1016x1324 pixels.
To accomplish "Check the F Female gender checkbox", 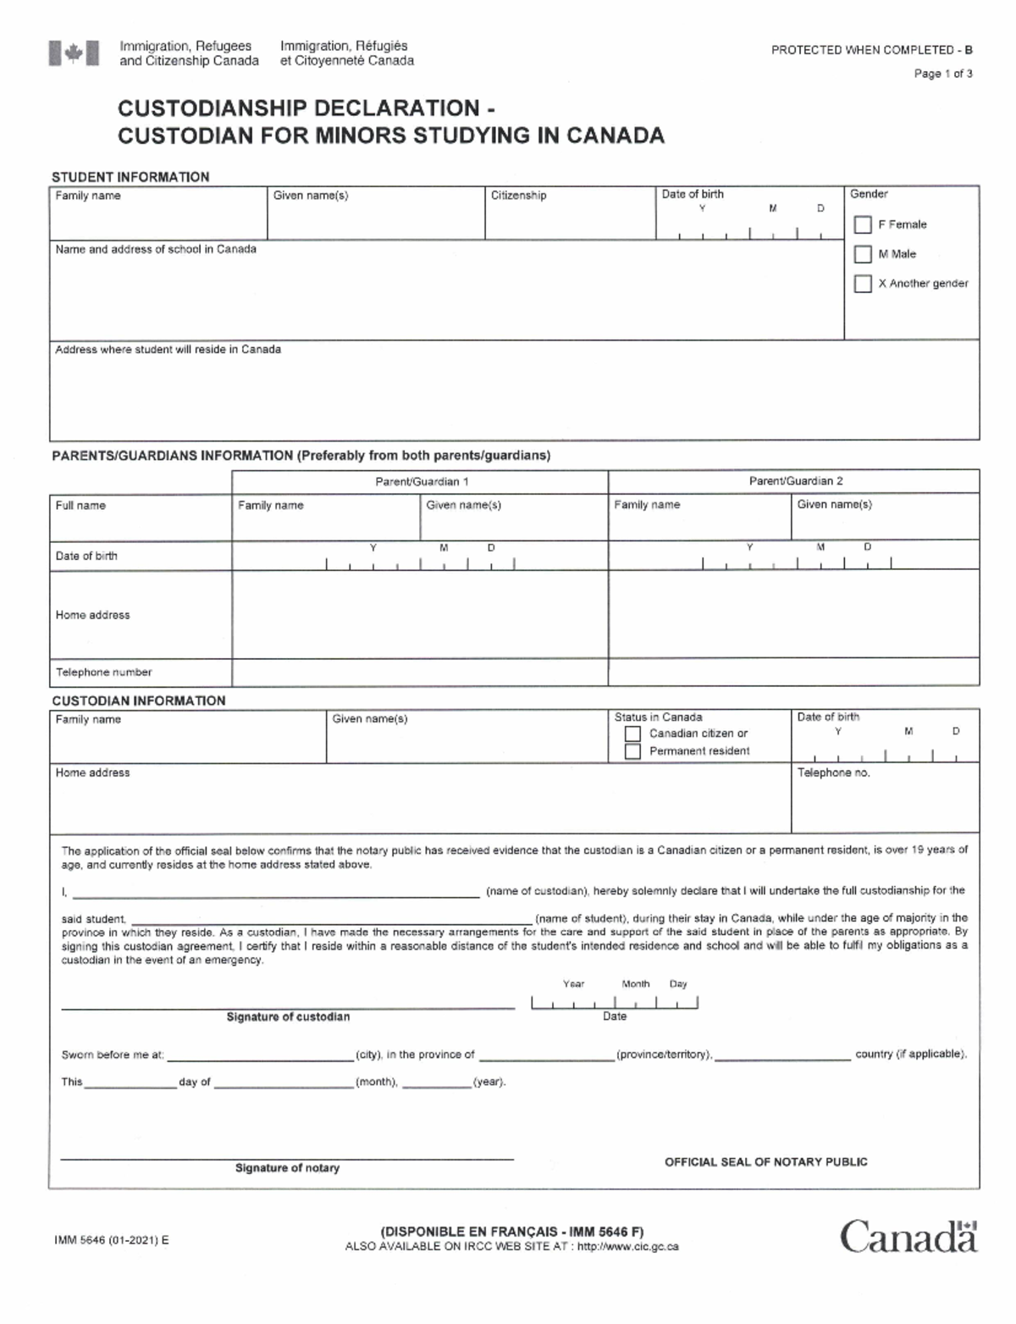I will [863, 224].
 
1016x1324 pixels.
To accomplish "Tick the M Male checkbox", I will [863, 254].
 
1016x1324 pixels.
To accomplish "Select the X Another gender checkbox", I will [863, 284].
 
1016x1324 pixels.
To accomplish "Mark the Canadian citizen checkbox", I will [632, 734].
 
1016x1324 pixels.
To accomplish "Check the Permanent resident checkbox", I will [632, 751].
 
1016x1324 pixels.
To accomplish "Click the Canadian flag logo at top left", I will [74, 53].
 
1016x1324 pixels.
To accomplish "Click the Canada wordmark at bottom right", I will [908, 1236].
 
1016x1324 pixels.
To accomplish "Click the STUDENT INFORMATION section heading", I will [130, 177].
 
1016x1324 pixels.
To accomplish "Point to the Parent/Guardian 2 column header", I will [795, 481].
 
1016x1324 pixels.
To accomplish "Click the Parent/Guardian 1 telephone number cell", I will [419, 673].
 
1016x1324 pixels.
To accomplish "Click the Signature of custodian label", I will [288, 1017].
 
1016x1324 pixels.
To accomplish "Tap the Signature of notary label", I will [287, 1168].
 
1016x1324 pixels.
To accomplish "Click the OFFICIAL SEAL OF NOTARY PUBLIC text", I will [765, 1162].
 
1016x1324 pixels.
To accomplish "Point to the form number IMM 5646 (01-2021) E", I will [111, 1240].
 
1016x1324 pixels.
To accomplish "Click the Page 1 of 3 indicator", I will [942, 74].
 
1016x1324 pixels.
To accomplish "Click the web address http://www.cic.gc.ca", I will [627, 1246].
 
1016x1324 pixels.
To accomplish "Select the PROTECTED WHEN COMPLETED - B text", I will [871, 50].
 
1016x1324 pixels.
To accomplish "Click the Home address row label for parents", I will [93, 615].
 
